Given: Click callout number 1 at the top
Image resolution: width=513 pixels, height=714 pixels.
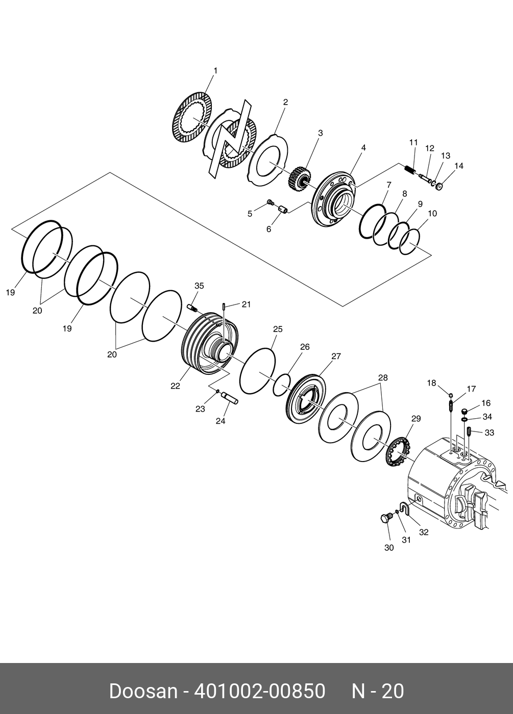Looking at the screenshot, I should click(215, 71).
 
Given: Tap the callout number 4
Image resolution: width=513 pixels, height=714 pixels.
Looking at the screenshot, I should click(363, 148).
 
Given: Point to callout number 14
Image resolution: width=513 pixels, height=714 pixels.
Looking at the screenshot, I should click(459, 166).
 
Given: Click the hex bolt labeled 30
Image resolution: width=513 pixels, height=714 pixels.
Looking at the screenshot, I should click(384, 519).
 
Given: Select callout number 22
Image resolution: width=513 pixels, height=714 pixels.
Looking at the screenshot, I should click(175, 386).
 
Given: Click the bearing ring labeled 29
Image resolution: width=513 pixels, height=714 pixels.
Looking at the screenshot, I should click(397, 451).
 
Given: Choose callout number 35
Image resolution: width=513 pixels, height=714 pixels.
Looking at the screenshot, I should click(199, 286).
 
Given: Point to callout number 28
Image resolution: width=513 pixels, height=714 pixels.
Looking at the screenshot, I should click(383, 378).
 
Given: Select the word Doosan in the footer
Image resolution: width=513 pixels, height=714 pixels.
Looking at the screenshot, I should click(143, 692).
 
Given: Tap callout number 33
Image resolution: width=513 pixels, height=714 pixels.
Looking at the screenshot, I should click(490, 433).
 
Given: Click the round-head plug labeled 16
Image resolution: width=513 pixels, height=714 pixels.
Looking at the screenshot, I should click(464, 411).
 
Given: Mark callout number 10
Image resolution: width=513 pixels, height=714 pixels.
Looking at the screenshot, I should click(432, 214).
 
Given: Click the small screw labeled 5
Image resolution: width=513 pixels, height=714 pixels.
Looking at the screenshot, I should click(271, 205).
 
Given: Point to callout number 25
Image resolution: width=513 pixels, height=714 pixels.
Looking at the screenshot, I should click(278, 329).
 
